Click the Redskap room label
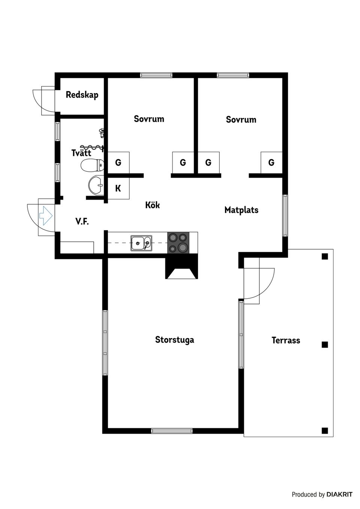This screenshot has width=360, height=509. tap(82, 94)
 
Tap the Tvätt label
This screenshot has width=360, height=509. tap(81, 153)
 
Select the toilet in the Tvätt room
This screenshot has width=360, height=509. tap(92, 165)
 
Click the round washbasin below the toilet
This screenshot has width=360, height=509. tap(97, 185)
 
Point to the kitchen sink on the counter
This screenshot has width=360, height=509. tap(141, 243)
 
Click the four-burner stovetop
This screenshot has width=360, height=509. tap(178, 243)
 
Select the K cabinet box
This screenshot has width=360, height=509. tap(118, 188)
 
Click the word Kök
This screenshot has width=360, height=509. tap(152, 205)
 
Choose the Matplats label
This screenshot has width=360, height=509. tap(241, 210)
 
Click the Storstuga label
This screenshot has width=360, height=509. tap(174, 340)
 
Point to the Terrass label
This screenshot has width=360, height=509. tap(286, 340)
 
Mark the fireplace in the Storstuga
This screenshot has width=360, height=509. tap(181, 270)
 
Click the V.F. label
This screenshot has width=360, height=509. tap(82, 222)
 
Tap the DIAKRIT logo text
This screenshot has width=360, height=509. tap(339, 494)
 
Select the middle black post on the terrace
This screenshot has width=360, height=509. tap(325, 344)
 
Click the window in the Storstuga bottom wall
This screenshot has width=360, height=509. tap(172, 431)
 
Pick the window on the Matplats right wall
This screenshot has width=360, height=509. tap(285, 215)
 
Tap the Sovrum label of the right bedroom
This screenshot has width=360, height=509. tap(241, 120)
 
